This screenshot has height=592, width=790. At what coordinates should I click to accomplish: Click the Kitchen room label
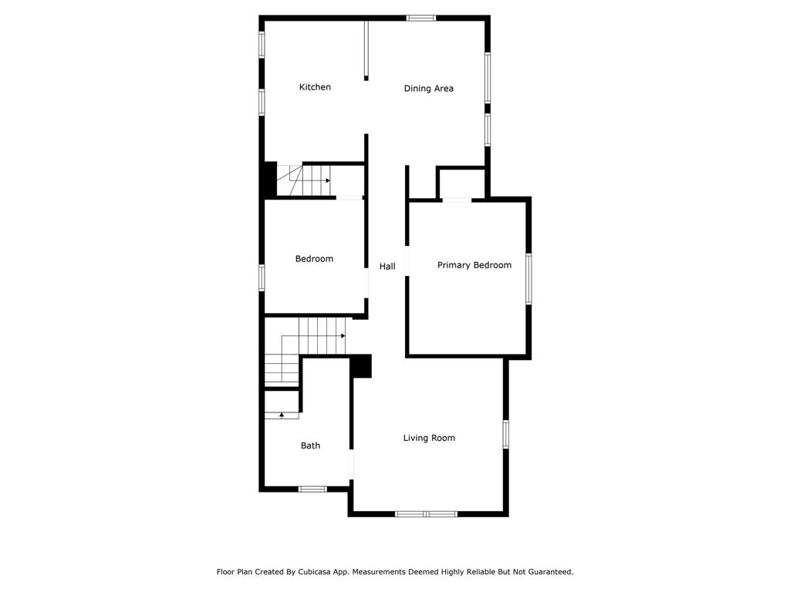click(x=315, y=87)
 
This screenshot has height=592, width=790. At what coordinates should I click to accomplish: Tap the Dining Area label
click(x=428, y=89)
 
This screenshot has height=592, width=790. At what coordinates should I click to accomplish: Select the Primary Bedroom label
click(x=474, y=265)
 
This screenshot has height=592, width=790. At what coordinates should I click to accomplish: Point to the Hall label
click(x=387, y=266)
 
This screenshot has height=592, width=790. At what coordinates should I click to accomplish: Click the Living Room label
click(x=429, y=438)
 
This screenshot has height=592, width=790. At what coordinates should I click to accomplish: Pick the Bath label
click(x=310, y=446)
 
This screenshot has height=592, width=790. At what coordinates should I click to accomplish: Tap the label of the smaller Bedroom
click(x=314, y=259)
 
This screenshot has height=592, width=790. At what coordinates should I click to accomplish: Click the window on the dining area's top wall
click(x=421, y=18)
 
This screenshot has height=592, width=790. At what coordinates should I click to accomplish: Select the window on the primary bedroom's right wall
click(x=528, y=278)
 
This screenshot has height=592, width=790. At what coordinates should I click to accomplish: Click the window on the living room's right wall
click(x=506, y=434)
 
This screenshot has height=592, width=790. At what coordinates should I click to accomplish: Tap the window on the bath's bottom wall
click(x=312, y=489)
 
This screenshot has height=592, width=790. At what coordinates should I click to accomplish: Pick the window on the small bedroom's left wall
click(x=262, y=277)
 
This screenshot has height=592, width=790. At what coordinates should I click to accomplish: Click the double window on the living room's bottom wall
click(x=426, y=514)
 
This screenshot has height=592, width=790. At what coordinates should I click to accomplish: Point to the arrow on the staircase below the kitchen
click(x=328, y=180)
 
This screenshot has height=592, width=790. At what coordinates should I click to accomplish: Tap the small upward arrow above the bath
click(x=282, y=415)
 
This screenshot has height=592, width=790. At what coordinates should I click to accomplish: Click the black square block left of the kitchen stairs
click(x=269, y=179)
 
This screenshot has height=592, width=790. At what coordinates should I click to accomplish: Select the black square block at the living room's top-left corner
click(x=361, y=366)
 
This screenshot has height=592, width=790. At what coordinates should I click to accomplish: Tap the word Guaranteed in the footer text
click(x=547, y=572)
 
